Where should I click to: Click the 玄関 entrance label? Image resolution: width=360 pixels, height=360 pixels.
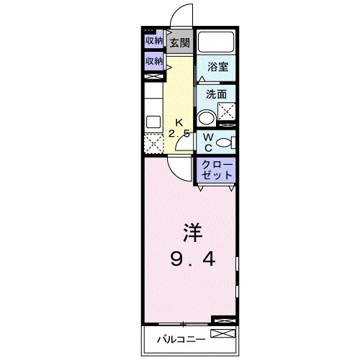coord(179,42)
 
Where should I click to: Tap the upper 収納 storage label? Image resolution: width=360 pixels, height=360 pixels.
coord(154,41)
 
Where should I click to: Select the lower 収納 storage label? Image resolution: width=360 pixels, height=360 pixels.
coord(154,62)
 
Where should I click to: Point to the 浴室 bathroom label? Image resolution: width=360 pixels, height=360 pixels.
coord(218,67)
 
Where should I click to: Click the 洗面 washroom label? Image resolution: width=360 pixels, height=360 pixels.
coord(217,94)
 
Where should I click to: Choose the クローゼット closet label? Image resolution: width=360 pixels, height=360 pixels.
coord(217,170)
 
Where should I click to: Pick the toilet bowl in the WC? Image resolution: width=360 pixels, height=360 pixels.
coord(225,141)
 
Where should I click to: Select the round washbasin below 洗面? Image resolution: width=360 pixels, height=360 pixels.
coord(207,117)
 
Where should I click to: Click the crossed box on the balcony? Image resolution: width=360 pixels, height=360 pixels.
coord(222,335)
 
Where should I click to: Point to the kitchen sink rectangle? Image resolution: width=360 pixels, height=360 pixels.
coord(153,122)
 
